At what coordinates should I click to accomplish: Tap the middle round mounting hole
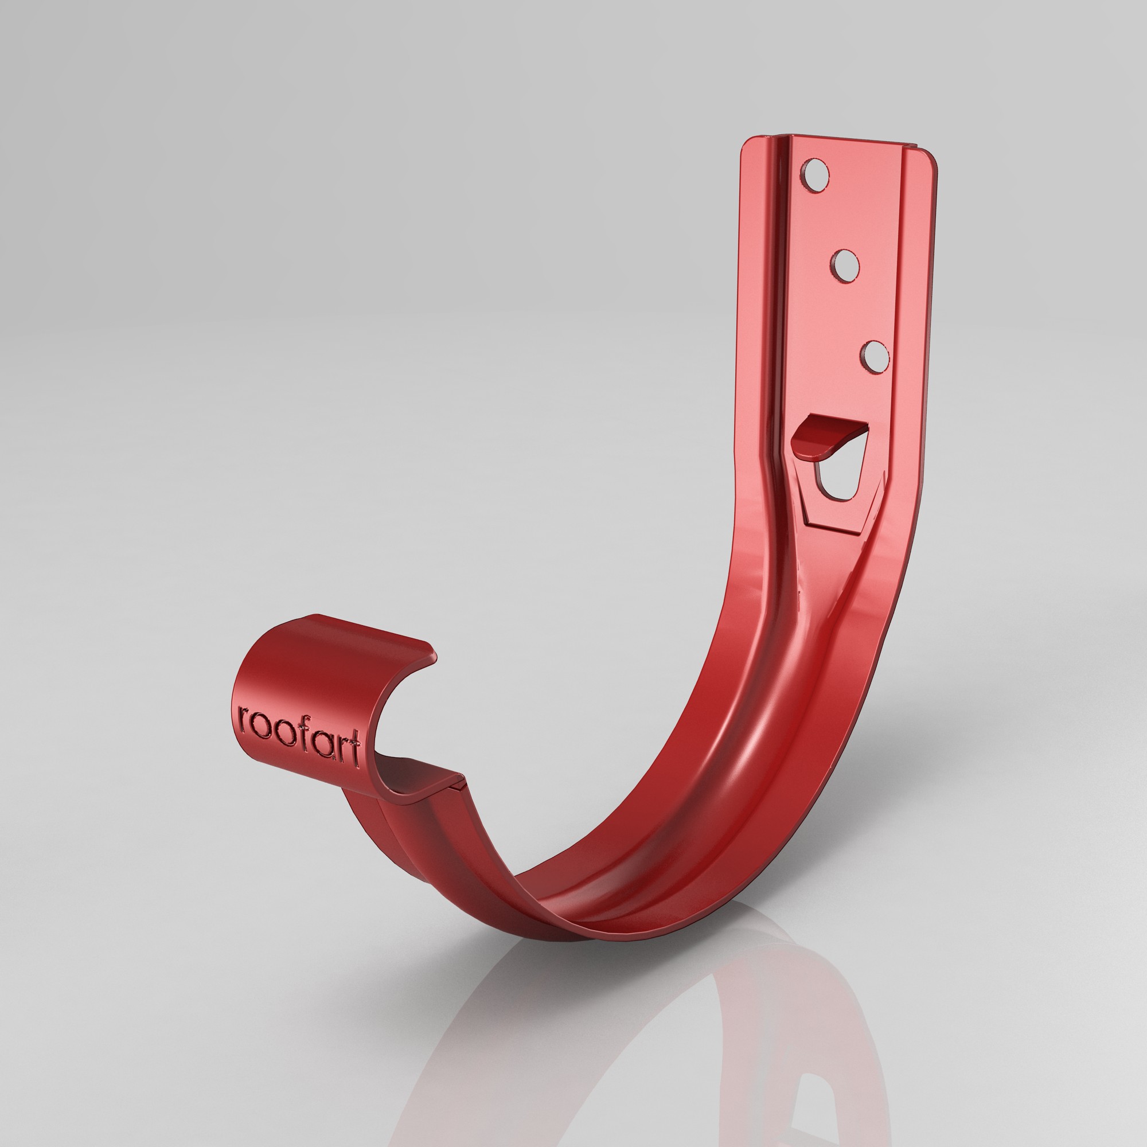pos(845,266)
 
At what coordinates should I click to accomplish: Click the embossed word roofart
pos(299,734)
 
